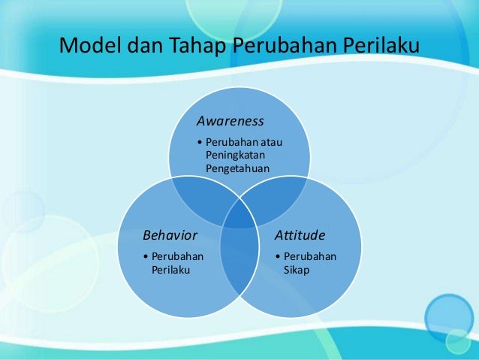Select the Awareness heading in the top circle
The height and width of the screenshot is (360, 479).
click(230, 120)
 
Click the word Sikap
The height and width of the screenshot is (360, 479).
click(297, 269)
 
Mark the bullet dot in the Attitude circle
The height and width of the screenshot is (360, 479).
click(279, 256)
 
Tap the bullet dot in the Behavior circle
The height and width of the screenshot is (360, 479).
click(146, 256)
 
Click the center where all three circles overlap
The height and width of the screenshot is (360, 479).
click(239, 214)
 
